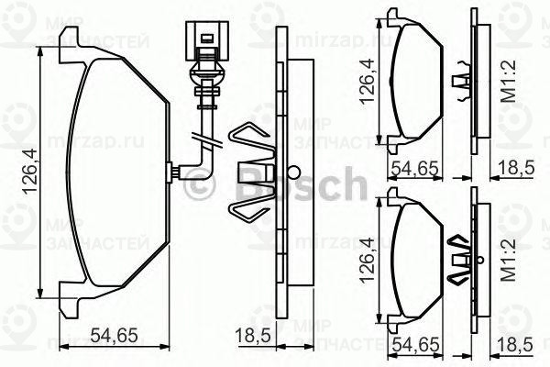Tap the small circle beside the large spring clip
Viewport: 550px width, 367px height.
pyautogui.click(x=291, y=172)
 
